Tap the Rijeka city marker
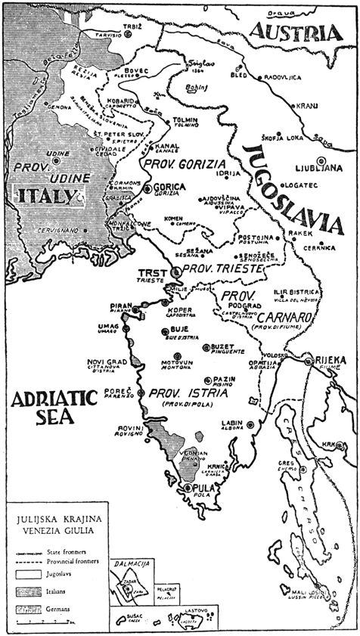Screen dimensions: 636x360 (x=309, y=361)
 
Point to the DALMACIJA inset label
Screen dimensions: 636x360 (x=128, y=563)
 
